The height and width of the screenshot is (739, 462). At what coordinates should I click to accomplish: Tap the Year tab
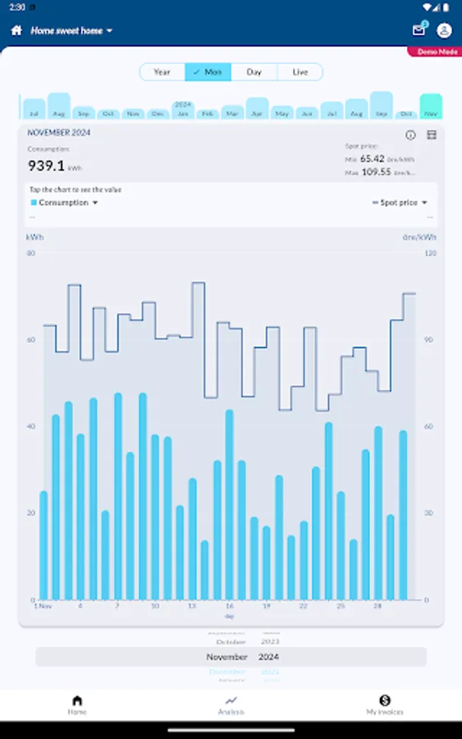162,72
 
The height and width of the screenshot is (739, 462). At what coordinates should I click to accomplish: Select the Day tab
254,72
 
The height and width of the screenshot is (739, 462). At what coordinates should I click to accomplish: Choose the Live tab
300,72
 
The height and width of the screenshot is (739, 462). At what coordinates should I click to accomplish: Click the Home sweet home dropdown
71,30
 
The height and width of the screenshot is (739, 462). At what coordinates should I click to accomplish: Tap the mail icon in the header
419,30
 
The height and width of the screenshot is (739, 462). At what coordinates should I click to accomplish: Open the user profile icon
444,30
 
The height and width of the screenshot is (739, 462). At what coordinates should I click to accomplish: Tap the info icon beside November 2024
410,135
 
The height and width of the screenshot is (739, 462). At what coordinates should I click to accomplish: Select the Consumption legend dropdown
65,203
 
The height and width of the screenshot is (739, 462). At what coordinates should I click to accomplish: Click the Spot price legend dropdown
400,203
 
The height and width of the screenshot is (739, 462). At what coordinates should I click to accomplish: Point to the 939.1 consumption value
47,166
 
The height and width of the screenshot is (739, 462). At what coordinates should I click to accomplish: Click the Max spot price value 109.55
377,172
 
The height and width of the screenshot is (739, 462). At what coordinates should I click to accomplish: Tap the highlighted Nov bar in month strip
431,107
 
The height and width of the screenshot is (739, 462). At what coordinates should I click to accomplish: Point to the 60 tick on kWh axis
31,339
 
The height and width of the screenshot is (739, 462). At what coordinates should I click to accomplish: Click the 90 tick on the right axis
428,339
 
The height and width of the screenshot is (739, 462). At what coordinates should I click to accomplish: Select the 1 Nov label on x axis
43,606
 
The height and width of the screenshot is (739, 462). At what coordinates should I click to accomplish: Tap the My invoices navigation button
384,705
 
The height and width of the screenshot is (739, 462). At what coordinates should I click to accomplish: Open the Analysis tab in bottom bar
231,705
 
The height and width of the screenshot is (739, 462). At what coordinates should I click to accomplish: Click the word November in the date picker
226,657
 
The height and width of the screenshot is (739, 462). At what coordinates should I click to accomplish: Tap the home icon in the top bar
16,30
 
